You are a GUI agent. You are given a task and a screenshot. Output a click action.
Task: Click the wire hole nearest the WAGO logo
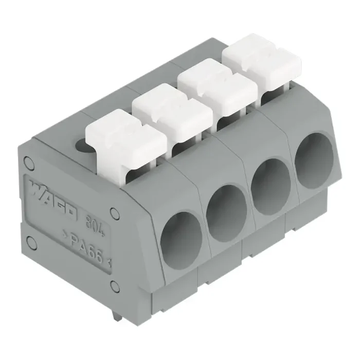tap(182, 238)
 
